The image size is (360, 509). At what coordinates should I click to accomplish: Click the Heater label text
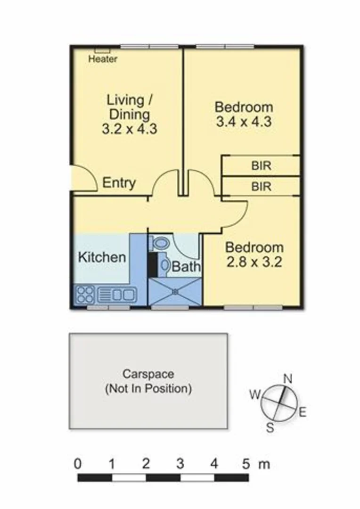(x=103, y=59)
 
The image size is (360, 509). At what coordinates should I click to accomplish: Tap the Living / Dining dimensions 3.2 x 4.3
(x=129, y=129)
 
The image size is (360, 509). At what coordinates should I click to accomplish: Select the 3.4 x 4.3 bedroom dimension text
(x=243, y=122)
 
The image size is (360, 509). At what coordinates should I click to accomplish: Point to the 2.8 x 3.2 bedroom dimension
(x=254, y=262)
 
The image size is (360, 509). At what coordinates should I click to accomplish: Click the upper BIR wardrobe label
(x=261, y=166)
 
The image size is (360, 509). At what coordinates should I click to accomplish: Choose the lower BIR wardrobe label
(x=261, y=186)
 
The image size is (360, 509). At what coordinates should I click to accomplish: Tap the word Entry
(x=119, y=183)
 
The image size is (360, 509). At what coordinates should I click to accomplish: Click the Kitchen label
(x=102, y=257)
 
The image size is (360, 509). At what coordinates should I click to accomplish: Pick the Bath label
(x=186, y=267)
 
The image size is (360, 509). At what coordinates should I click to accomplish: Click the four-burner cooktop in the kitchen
(x=85, y=295)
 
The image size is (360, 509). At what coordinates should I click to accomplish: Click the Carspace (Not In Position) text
(x=148, y=382)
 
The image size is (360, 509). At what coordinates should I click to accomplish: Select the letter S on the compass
(x=270, y=427)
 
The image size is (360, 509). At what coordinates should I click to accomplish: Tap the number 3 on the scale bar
(x=180, y=464)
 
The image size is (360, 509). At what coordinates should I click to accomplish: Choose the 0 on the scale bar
(x=78, y=464)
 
